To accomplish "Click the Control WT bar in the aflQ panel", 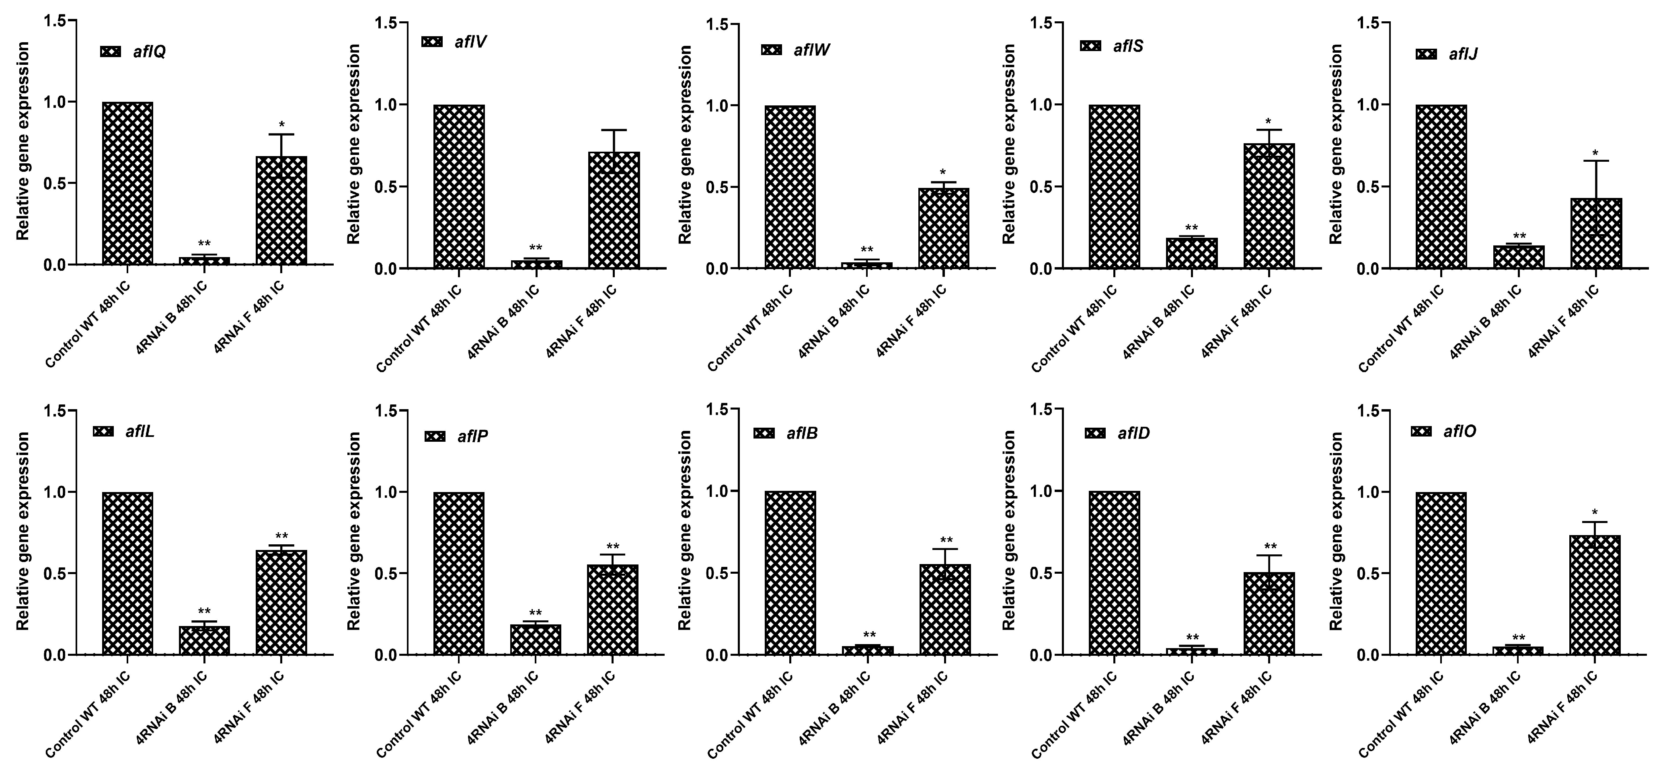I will click(127, 183).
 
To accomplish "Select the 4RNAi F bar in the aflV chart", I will click(614, 210).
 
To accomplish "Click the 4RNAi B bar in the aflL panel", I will click(205, 640).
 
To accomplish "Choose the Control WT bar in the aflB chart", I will click(790, 573).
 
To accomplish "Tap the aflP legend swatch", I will click(435, 437).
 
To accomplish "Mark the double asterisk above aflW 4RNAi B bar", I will click(866, 250).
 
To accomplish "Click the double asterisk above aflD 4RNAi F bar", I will click(1270, 546).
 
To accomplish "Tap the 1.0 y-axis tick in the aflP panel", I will click(387, 492).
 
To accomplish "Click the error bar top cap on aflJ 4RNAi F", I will click(1596, 161).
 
